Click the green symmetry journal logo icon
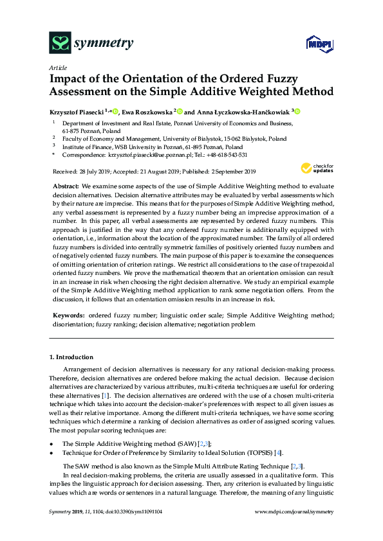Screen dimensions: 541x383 pyautogui.click(x=60, y=43)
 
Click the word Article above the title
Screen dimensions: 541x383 pyautogui.click(x=57, y=67)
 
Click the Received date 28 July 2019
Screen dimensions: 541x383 pyautogui.click(x=95, y=172)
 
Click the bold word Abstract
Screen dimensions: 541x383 pyautogui.click(x=66, y=185)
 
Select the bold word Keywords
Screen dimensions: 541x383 pyautogui.click(x=68, y=315)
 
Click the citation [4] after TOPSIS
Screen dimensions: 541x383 pyautogui.click(x=278, y=453)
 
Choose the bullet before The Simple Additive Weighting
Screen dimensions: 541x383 pyautogui.click(x=51, y=444)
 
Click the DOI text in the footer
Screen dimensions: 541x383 pyautogui.click(x=136, y=511)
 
